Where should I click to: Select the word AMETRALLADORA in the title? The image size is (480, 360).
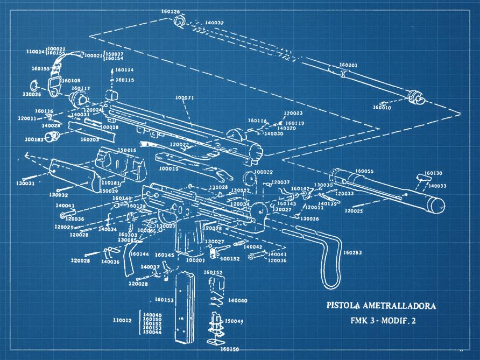pyautogui.click(x=400, y=306)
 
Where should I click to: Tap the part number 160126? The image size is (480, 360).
pyautogui.click(x=171, y=11)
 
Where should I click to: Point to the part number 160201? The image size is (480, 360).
pyautogui.click(x=348, y=65)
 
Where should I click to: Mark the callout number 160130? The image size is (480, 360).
pyautogui.click(x=433, y=173)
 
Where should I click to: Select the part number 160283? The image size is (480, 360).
pyautogui.click(x=352, y=252)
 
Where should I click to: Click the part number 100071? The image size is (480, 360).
pyautogui.click(x=185, y=98)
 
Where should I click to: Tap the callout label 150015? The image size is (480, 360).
pyautogui.click(x=128, y=150)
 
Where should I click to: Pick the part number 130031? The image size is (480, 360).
pyautogui.click(x=25, y=183)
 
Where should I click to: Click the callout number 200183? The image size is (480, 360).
pyautogui.click(x=34, y=139)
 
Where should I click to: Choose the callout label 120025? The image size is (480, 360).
pyautogui.click(x=354, y=211)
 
